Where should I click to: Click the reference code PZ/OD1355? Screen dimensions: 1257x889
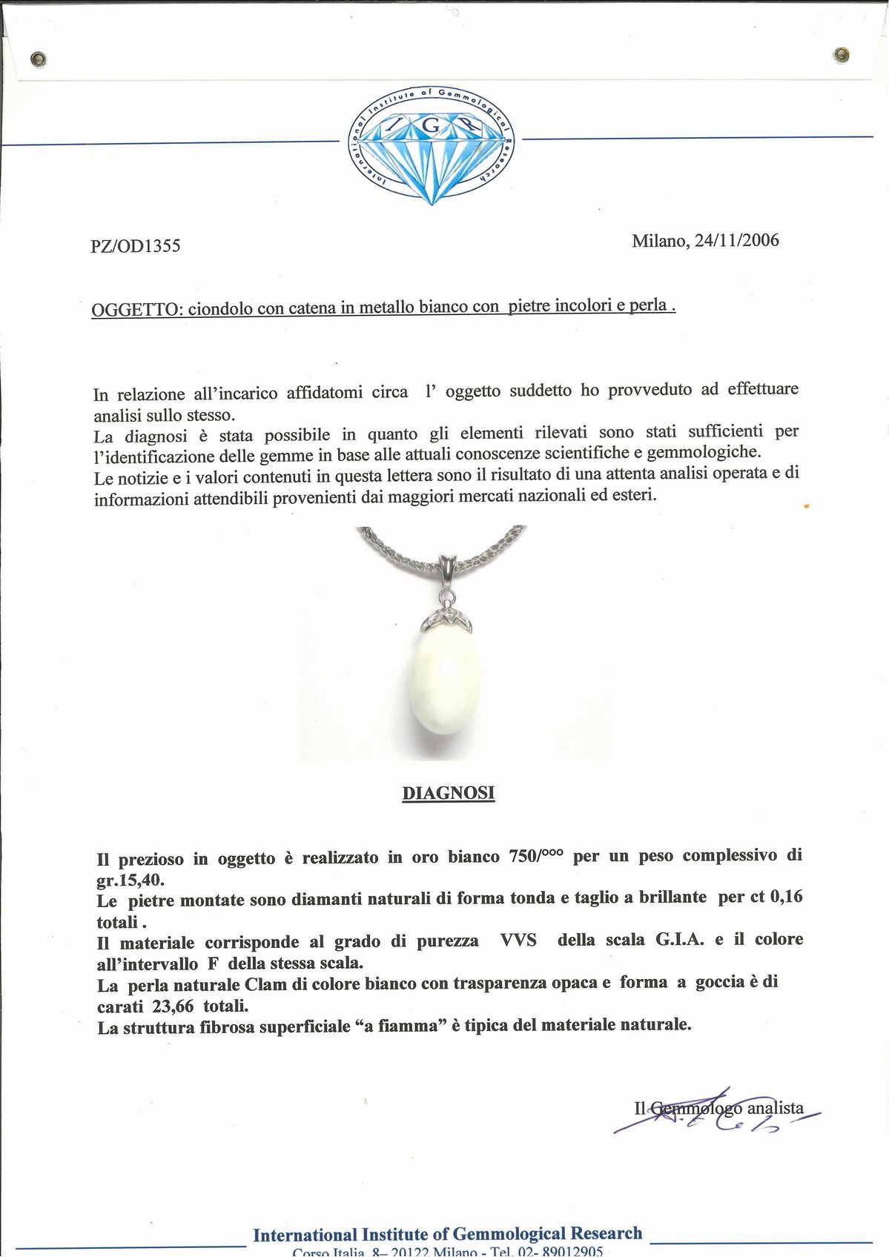pos(135,246)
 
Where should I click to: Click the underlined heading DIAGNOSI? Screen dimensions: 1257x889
pos(448,793)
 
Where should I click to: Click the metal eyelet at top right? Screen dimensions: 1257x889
pos(841,54)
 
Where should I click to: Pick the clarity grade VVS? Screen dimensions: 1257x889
pos(518,941)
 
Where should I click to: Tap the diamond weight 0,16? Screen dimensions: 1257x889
pos(787,897)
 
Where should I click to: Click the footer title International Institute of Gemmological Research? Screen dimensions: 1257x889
pos(447,1233)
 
